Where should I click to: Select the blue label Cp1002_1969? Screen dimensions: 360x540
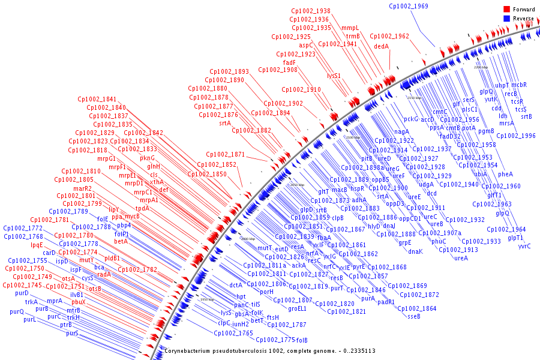tap(408, 6)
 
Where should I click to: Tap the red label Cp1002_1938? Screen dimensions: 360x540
tap(311, 11)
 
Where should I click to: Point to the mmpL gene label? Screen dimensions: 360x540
tap(350, 28)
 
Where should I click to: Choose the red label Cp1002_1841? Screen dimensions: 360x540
tap(97, 99)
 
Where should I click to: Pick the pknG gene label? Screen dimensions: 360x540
tap(148, 158)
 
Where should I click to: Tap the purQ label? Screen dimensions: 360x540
tap(17, 311)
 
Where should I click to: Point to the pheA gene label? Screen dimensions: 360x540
tap(506, 174)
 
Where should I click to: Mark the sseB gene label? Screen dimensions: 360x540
tap(414, 316)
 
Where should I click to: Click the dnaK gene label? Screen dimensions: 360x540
tap(416, 251)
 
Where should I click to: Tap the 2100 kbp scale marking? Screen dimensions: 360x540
tap(352, 137)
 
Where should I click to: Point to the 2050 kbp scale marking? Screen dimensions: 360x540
tap(298, 185)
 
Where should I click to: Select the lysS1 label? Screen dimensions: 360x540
tap(334, 76)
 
